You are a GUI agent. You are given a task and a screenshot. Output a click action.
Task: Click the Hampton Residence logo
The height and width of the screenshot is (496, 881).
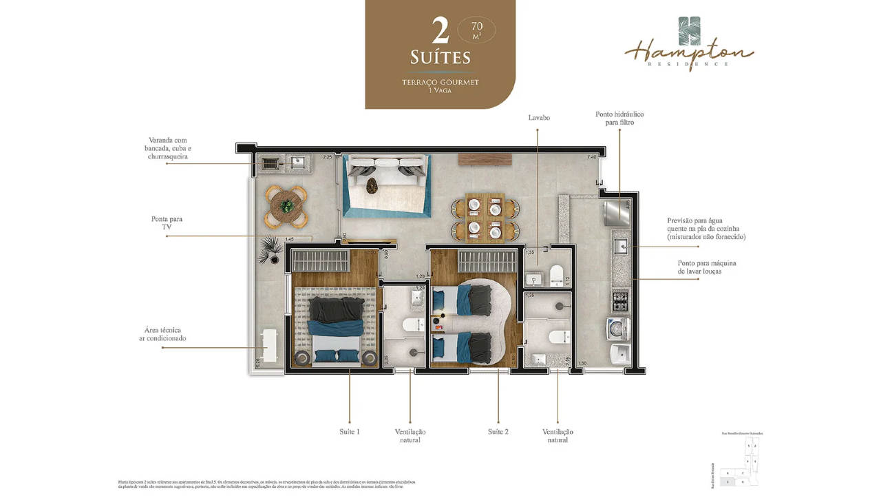688,45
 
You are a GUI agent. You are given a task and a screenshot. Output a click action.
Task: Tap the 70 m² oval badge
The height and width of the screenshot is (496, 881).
476,30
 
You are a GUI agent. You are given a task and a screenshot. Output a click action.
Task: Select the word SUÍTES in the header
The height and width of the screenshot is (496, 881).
440,56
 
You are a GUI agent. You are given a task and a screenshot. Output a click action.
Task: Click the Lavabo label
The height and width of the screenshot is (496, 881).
539,118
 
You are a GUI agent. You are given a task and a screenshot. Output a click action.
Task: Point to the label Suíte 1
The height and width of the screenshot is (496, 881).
349,432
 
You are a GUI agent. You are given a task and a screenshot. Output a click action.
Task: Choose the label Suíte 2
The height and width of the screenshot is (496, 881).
498,432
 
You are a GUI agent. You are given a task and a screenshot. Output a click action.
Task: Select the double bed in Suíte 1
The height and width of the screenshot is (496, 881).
335,327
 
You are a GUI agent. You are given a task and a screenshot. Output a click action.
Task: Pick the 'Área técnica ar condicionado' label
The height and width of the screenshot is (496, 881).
165,334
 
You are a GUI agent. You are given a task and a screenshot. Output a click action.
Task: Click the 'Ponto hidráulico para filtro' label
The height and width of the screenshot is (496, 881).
619,118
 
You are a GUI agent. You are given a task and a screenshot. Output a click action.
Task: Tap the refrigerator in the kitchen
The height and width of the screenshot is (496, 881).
617,212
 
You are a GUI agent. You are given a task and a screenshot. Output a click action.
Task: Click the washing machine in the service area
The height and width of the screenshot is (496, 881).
619,329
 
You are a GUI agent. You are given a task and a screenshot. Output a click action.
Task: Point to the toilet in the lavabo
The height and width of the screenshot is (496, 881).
556,273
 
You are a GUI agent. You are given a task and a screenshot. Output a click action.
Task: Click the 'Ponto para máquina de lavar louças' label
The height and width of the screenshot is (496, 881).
706,267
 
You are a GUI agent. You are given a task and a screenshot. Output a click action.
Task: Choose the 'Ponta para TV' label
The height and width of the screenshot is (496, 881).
167,223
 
